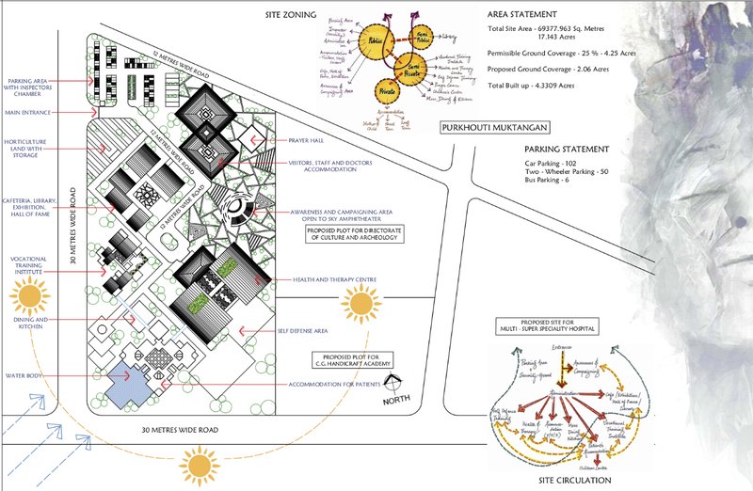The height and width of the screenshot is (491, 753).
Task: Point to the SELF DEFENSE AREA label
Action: point(304,330)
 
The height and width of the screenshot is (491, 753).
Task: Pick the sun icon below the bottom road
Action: point(200,464)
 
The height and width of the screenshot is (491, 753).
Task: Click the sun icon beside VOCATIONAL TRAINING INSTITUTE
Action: point(30,299)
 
